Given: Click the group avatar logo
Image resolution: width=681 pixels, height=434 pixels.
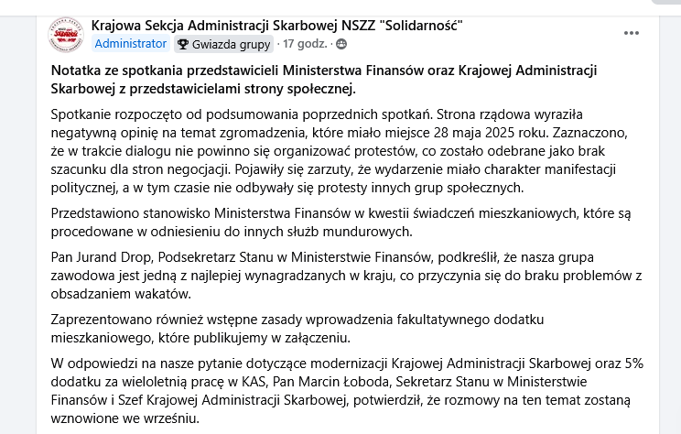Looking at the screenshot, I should click(x=64, y=34).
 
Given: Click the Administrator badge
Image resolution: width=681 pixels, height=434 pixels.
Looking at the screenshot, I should click(x=131, y=43).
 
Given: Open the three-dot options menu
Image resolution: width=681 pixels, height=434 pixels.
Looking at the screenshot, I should click(x=632, y=33).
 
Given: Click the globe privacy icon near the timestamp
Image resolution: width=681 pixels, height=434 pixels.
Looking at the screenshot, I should click(x=341, y=43).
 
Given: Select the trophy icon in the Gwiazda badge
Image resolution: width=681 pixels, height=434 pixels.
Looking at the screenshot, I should click(x=183, y=43).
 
